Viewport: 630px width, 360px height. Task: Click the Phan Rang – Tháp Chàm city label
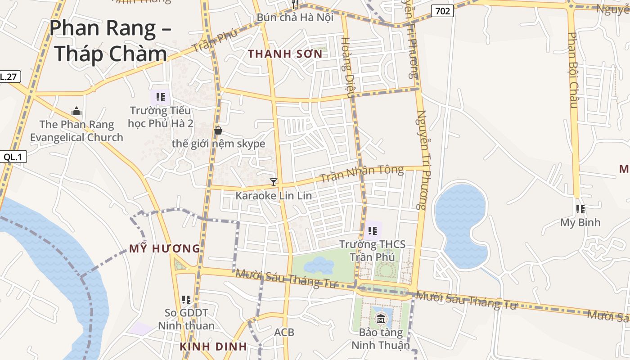pos(110,40)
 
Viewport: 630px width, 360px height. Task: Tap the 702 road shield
pos(442,11)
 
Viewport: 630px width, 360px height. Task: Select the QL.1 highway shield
pos(13,157)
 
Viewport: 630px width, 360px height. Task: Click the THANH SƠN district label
pos(285,54)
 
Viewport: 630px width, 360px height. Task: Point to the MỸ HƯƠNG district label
pos(165,248)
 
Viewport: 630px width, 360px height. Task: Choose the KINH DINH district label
pos(213,346)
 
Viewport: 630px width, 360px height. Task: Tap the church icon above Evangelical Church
pos(76,111)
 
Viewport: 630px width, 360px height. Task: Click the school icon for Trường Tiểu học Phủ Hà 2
pos(161,97)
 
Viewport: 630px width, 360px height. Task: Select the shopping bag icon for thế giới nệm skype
pos(218,130)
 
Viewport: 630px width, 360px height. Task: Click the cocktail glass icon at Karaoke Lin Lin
pos(274,182)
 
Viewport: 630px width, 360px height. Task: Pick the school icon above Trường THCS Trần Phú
pos(373,231)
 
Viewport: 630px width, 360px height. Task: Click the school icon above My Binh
pos(580,209)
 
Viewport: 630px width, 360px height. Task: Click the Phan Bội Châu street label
pos(572,70)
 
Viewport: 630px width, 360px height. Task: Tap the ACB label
pos(284,333)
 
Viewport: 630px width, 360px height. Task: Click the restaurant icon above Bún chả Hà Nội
pos(295,4)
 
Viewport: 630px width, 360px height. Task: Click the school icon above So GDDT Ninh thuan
pos(186,299)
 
